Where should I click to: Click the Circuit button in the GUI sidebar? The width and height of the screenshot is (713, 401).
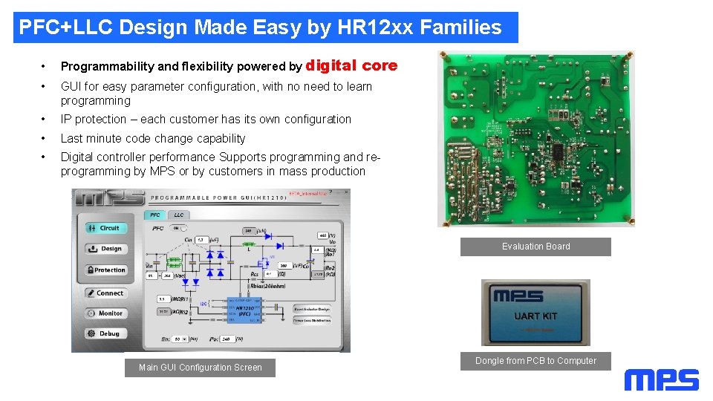coord(104,228)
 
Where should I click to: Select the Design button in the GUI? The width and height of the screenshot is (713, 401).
coord(105,249)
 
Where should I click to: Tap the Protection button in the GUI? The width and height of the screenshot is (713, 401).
coord(105,270)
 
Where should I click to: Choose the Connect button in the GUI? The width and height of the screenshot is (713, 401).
coord(105,293)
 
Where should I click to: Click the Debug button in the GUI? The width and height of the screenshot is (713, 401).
coord(104,333)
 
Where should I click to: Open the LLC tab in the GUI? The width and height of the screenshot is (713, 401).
coord(178,215)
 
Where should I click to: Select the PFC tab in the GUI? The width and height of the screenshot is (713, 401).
coord(155,215)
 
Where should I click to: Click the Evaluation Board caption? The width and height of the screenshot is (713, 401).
coord(535,247)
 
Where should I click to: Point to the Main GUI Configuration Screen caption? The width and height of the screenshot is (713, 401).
coord(200,368)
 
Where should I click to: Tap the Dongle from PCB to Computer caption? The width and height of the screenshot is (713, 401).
coord(535,361)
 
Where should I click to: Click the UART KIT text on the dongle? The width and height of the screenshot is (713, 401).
coord(535,316)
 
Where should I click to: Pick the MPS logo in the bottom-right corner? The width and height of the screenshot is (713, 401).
coord(661,380)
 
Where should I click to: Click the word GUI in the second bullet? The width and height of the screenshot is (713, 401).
coord(71,87)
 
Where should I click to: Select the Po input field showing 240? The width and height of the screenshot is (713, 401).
coord(228,339)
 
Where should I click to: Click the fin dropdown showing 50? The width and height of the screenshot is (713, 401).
coord(179,339)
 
